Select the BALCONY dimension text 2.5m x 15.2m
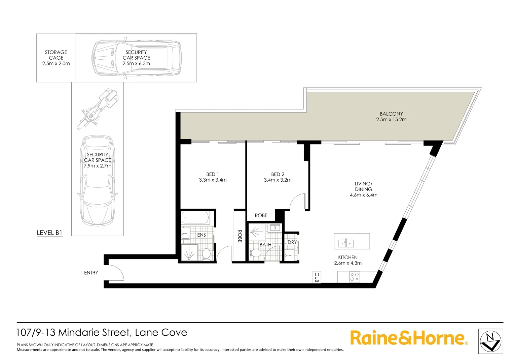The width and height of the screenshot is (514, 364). pos(391,120)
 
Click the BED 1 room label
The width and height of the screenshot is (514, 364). pos(213,174)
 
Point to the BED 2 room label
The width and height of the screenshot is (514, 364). pos(278,174)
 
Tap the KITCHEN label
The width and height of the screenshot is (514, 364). pos(348,257)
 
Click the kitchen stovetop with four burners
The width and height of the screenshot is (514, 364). pos(355,277)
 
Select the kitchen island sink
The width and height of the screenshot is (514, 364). pos(346,243)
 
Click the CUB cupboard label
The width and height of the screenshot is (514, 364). pos(317,277)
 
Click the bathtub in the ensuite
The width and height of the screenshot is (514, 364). pos(195,218)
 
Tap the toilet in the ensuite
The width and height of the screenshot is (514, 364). pos(206,254)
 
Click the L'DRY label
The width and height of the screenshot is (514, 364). pos(291,242)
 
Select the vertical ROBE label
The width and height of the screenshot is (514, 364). pos(240,236)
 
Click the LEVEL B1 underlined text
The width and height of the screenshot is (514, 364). pos(49,233)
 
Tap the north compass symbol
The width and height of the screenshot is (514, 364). pos(491,341)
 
